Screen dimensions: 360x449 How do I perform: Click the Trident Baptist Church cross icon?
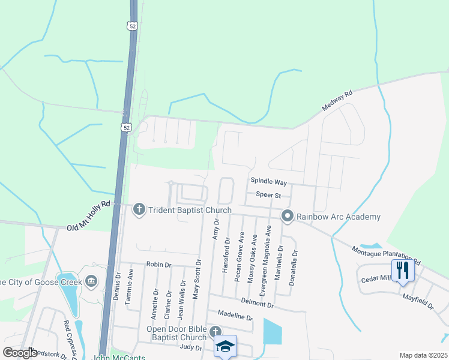tap(139, 209)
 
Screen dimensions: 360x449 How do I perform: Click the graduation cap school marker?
tap(226, 346)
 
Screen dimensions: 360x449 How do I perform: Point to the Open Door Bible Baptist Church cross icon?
tap(215, 332)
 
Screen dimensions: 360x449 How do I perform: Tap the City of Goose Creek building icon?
tap(91, 280)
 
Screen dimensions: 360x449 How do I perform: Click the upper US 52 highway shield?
tap(131, 25)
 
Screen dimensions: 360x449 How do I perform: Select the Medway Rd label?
tap(336, 101)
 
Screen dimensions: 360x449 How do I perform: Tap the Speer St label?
tap(268, 194)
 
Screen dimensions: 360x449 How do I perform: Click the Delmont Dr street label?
tap(258, 305)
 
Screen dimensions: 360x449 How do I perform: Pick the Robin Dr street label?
tap(158, 264)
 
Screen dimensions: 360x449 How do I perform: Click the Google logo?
tap(20, 353)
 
